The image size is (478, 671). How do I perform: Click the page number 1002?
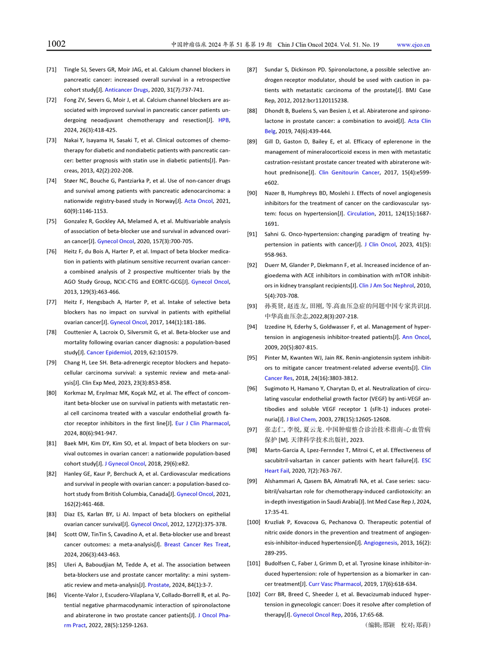click(56, 44)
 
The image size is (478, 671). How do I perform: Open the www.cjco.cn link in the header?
click(413, 45)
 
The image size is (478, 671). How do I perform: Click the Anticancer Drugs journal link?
click(126, 90)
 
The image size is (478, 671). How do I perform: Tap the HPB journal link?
click(223, 120)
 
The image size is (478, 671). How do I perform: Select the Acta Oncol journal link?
click(199, 201)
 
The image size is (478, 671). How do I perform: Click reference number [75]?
click(51, 221)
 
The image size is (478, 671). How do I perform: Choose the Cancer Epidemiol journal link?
click(109, 352)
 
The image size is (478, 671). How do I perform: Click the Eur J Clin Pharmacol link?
click(202, 423)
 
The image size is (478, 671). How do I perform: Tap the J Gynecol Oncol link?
click(125, 463)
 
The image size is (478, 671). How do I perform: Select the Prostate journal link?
click(158, 585)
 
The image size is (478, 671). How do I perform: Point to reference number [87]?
click(252, 70)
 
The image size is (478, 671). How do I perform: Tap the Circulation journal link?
click(360, 214)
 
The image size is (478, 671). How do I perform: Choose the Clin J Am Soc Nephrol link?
click(386, 285)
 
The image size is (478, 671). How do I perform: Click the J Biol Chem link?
click(301, 419)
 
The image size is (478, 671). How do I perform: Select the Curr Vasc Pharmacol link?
click(335, 584)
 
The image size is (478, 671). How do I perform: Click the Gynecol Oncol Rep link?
click(317, 615)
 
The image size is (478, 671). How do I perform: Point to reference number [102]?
click(254, 594)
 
